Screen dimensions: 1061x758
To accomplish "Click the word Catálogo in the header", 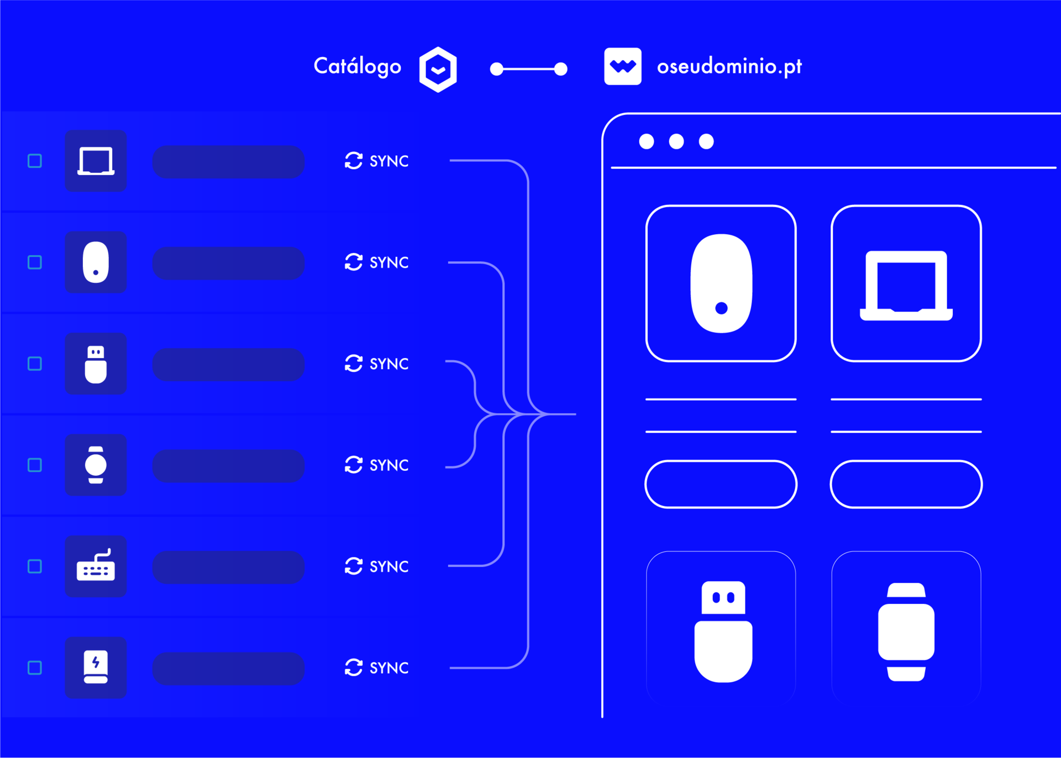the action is click(x=358, y=66).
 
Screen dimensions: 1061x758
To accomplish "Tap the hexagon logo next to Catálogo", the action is click(x=438, y=70).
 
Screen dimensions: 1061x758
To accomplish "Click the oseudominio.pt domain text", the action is click(x=729, y=67).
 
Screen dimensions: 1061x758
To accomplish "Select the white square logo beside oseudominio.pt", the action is click(x=623, y=66).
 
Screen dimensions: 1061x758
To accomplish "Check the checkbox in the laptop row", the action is click(x=35, y=161).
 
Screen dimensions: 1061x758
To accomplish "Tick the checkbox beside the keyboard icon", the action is click(x=35, y=566).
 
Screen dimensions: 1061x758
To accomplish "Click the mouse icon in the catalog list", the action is click(x=96, y=262).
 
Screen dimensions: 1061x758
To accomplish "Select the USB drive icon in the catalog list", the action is click(x=96, y=364).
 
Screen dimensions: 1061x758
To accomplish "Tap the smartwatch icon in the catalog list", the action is click(x=96, y=465).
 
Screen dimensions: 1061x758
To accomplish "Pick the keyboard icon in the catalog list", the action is click(x=96, y=565).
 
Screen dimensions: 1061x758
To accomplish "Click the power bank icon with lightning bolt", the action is click(x=96, y=667).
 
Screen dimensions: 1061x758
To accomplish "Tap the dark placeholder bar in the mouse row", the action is click(x=228, y=264).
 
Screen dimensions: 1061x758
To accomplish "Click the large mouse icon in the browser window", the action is click(x=721, y=283).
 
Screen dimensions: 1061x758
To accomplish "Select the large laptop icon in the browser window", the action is click(x=906, y=286).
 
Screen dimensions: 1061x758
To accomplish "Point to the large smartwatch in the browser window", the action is click(x=906, y=632).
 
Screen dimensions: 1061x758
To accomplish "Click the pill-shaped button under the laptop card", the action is click(x=906, y=485).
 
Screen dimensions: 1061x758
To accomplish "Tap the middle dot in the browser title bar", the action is click(x=676, y=141).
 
